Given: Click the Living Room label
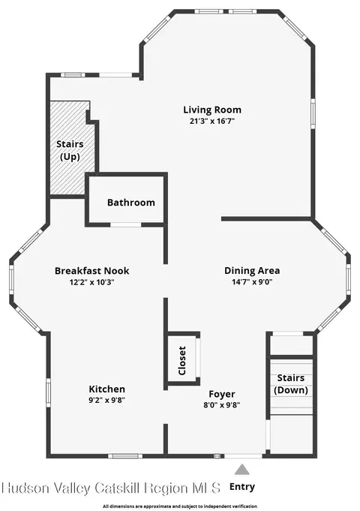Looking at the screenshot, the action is click(212, 110).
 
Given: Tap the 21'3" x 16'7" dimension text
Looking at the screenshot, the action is click(212, 122).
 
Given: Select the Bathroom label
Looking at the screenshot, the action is click(131, 203).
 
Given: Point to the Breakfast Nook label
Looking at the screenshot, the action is click(91, 271).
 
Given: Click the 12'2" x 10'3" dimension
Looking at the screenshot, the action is click(91, 282).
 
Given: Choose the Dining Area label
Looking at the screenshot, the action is click(252, 271).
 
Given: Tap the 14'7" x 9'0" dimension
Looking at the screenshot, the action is click(252, 282).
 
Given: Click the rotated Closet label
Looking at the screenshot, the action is click(181, 360).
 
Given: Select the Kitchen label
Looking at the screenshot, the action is click(106, 389).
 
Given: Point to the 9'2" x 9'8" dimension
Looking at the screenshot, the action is click(106, 400).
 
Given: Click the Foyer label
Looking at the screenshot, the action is click(222, 395).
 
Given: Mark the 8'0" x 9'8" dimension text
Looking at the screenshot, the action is click(222, 405).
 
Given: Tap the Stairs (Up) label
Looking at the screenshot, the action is click(70, 150).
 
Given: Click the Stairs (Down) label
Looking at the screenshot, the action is click(291, 384).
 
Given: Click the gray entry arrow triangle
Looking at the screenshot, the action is click(242, 470).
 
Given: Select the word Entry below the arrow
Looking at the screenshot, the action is click(242, 487).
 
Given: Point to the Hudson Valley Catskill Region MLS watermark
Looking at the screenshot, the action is click(111, 488).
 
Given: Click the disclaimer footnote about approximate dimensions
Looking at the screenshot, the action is click(180, 506).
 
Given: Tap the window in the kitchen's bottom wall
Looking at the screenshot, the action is click(125, 456).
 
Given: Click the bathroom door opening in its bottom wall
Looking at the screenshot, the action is click(125, 225).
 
